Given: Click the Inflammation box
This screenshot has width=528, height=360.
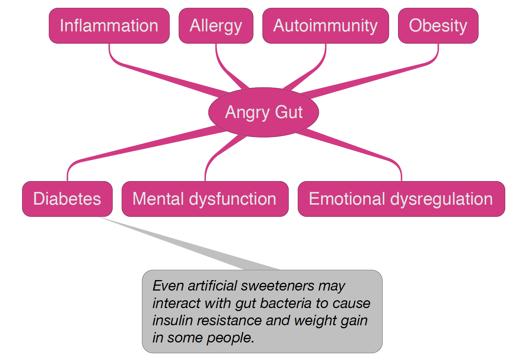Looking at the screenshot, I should (x=109, y=26).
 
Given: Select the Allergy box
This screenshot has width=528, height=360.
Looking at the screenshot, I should (x=216, y=26).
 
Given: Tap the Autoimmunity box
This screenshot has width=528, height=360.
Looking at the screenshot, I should (x=326, y=26).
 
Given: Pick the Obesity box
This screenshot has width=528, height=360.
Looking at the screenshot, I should (x=438, y=26).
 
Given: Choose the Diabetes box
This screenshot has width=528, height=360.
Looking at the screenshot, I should (x=67, y=199).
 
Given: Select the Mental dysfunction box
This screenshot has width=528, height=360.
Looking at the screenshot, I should (x=205, y=199).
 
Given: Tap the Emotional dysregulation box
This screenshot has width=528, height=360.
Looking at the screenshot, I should (x=401, y=199).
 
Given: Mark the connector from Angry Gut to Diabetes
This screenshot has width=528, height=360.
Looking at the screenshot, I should (x=149, y=145).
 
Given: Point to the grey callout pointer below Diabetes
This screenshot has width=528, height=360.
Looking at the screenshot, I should (x=187, y=245).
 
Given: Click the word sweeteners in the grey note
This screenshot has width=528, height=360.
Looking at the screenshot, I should (x=277, y=286).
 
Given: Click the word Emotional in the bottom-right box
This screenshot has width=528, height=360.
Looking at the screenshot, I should (x=347, y=199).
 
